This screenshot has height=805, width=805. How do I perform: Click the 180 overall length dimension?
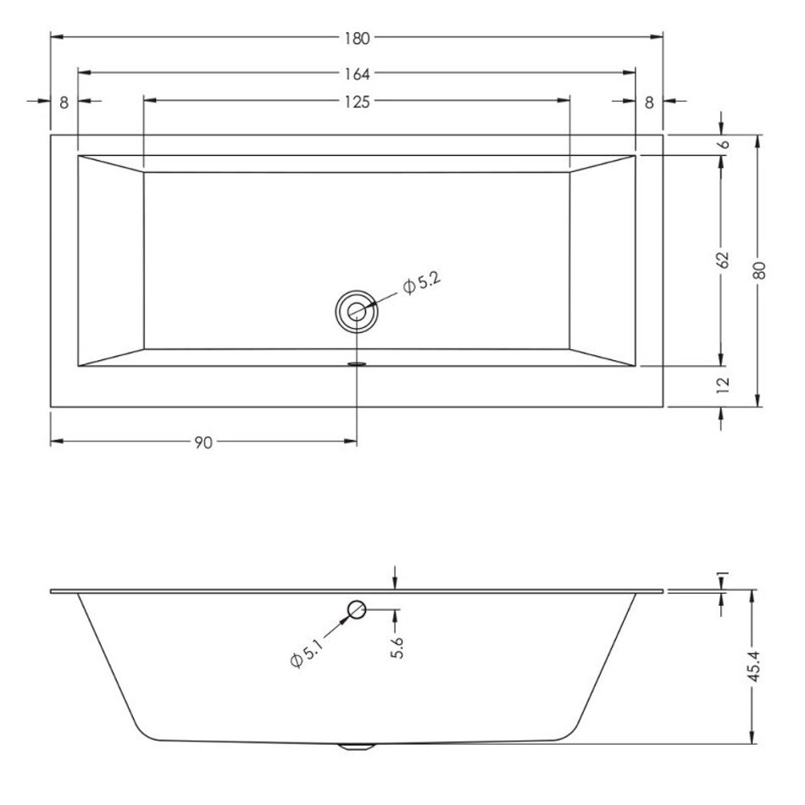point(358,38)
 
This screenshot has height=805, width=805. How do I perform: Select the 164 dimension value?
point(358,75)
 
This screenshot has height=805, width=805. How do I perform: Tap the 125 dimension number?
point(358,103)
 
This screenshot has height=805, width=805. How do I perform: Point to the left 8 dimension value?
point(64,103)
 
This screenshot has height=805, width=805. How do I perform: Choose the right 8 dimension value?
point(649,103)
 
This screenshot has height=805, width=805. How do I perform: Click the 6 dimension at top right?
point(724,144)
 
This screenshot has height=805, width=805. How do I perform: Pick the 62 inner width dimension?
point(723,260)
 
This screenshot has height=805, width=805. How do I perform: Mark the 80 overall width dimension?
point(760,270)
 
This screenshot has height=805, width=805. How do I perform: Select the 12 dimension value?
point(723,385)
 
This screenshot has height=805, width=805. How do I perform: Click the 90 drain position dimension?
point(203,442)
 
